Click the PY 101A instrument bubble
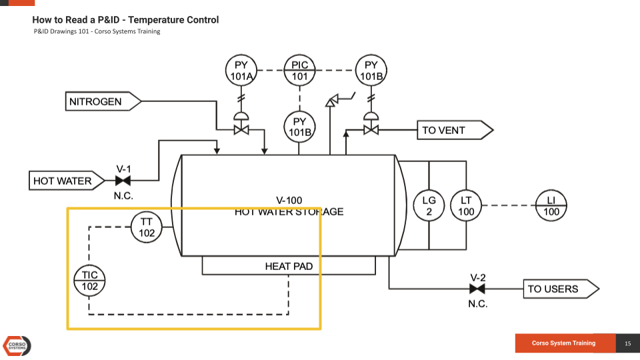(x=241, y=71)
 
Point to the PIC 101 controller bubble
(x=300, y=71)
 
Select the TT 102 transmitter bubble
(x=147, y=227)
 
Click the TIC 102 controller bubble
(x=89, y=281)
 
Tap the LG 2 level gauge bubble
(x=429, y=206)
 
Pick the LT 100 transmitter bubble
(x=466, y=206)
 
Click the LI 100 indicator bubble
(x=551, y=206)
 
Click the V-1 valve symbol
(x=123, y=181)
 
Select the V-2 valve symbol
(x=477, y=289)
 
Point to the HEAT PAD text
(x=289, y=267)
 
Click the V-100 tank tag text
(x=289, y=200)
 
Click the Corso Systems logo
(x=17, y=345)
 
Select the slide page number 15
(x=627, y=343)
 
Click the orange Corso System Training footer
(x=564, y=343)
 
